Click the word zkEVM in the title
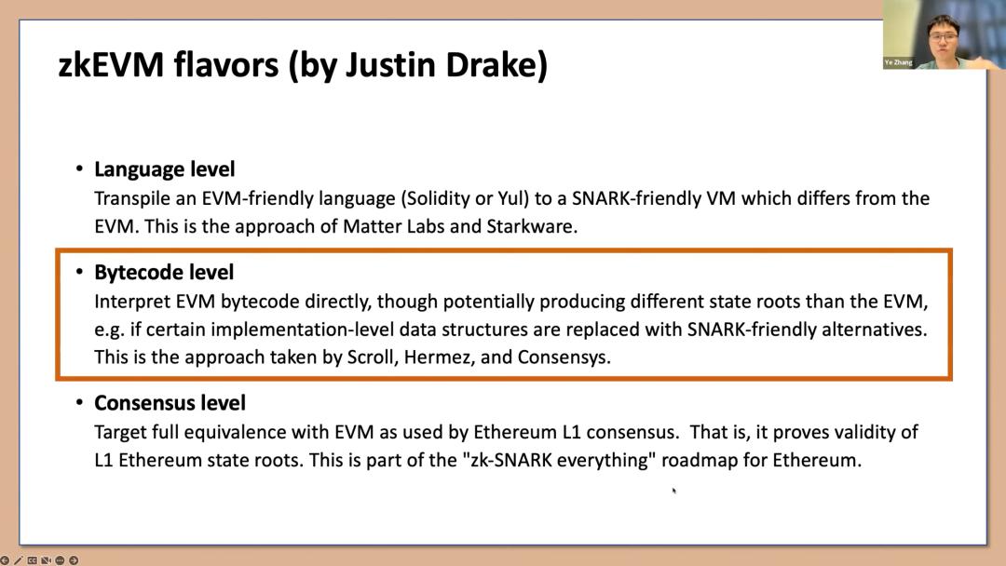tap(110, 65)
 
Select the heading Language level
tap(164, 169)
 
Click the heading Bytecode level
tap(164, 273)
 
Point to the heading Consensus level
tap(170, 402)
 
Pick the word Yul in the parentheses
tap(512, 198)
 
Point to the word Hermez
tap(440, 357)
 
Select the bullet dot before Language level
tap(79, 168)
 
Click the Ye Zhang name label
tap(898, 62)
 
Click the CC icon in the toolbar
tap(32, 560)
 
